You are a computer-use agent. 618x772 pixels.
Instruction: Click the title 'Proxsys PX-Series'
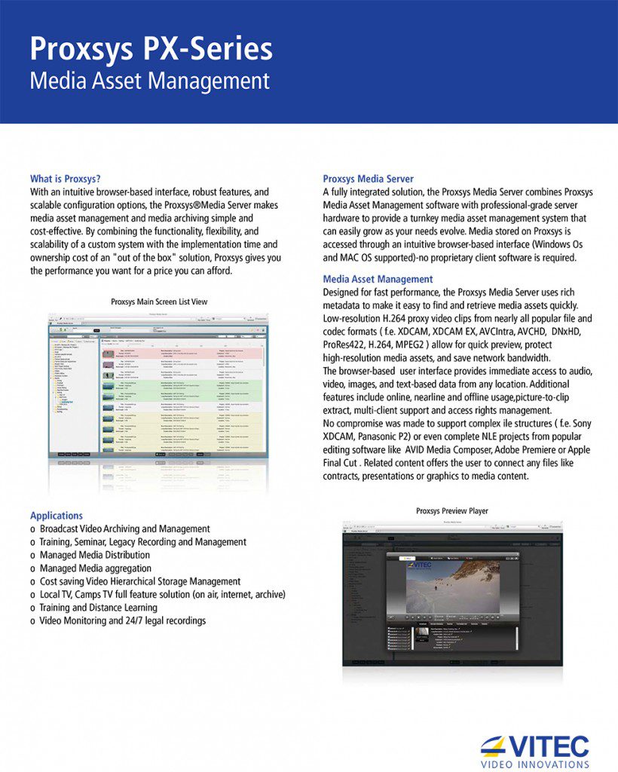(151, 50)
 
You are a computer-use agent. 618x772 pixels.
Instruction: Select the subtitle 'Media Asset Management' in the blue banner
(149, 81)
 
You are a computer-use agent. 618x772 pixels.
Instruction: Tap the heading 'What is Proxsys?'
(65, 179)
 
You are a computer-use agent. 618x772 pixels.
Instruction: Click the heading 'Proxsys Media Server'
(368, 179)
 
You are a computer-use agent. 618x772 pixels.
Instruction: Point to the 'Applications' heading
(57, 516)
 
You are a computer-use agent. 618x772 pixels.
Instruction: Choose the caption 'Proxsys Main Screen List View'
(158, 302)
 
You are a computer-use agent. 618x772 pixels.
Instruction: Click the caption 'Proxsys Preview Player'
(451, 510)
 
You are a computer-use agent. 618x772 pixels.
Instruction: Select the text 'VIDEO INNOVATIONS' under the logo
(534, 763)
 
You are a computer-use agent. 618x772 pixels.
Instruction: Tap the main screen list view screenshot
(158, 385)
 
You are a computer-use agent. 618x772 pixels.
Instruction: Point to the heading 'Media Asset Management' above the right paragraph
(378, 279)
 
